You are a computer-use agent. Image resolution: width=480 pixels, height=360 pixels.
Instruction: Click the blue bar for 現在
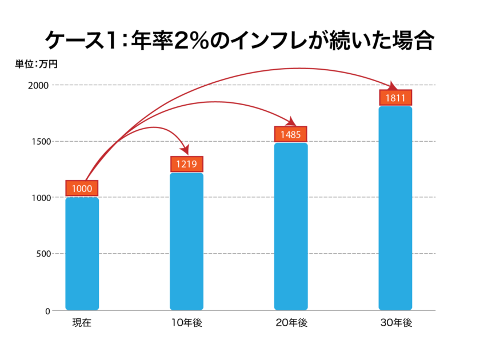click(82, 254)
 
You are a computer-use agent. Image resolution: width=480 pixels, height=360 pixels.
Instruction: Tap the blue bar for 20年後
click(291, 226)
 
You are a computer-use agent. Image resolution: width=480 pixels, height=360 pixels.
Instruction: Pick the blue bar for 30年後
click(395, 208)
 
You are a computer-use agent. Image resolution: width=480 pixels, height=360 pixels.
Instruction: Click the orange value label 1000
click(82, 188)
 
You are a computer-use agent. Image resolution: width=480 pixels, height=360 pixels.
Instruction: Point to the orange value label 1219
click(187, 164)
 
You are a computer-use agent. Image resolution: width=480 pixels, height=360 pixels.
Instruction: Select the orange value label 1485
click(291, 134)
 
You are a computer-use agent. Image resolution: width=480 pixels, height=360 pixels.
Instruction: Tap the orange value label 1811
click(395, 98)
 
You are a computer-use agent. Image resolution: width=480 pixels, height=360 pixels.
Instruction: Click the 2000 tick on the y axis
click(39, 85)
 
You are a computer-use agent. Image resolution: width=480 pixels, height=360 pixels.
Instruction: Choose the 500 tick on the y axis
click(42, 254)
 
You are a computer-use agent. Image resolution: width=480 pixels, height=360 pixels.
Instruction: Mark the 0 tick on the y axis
click(47, 311)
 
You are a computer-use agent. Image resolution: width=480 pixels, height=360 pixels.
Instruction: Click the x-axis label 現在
click(82, 323)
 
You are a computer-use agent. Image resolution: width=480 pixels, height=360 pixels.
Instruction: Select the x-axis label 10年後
click(187, 323)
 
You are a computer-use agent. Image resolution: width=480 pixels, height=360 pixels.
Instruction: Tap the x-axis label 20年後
click(291, 323)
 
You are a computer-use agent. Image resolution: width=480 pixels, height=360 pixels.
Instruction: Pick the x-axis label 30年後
click(395, 323)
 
